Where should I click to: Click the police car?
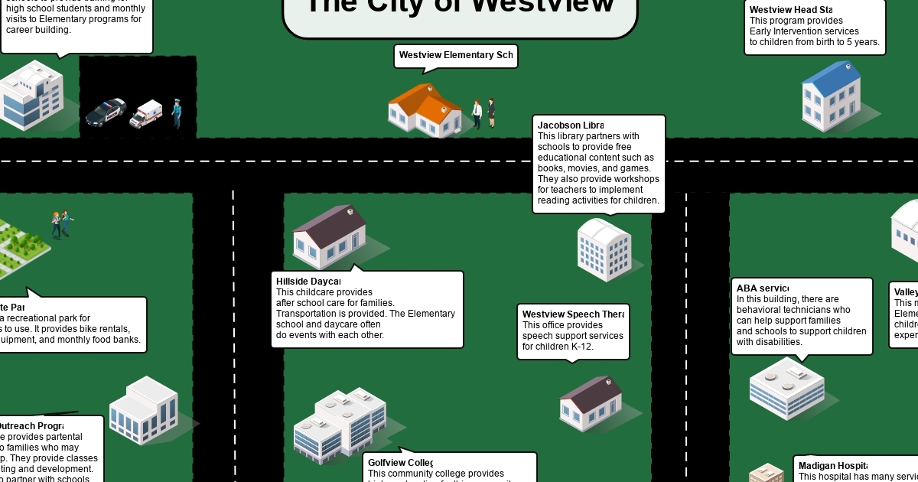[106, 112]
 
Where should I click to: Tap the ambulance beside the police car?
[146, 113]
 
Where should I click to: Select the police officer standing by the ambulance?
[177, 112]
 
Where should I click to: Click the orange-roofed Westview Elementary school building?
[425, 110]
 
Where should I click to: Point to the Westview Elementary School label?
[455, 56]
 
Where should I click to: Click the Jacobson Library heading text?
[570, 125]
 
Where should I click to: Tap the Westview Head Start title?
[790, 10]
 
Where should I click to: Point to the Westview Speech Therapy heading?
[572, 314]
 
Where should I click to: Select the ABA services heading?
[762, 288]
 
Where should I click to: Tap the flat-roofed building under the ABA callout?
[786, 387]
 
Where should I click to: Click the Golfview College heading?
[400, 463]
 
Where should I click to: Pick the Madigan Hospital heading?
[832, 466]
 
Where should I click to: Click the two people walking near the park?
[61, 223]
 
